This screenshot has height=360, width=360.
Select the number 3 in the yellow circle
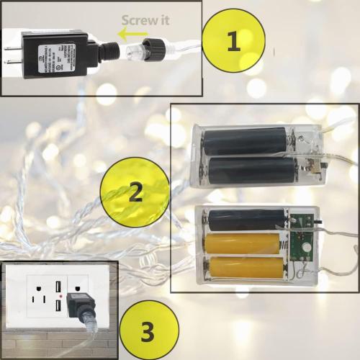pos(147,333)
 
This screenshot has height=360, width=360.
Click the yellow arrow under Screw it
pos(132,34)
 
